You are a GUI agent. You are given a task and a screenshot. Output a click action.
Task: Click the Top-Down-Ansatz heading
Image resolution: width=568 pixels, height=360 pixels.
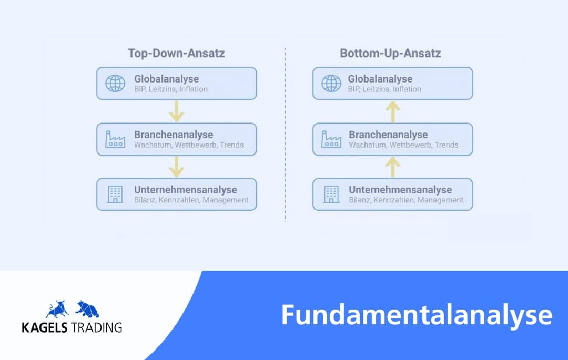pos(176,53)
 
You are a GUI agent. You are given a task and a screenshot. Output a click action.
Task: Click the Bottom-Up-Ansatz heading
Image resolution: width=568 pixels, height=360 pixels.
pos(390,53)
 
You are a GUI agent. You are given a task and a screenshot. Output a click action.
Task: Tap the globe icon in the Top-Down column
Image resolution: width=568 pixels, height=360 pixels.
pos(115,84)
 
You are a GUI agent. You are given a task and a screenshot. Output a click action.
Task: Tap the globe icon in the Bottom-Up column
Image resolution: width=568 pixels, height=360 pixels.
pos(331,84)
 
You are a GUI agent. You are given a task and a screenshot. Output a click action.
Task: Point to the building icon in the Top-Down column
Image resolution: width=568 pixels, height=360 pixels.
pos(115,194)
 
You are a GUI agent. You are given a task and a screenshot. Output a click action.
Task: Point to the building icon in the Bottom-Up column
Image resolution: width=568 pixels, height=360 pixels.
pos(331,194)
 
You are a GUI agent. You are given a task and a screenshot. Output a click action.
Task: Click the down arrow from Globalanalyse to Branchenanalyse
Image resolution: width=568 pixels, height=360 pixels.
pos(177,111)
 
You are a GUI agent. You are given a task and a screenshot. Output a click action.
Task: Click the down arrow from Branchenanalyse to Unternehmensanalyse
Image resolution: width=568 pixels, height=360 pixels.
pos(177,167)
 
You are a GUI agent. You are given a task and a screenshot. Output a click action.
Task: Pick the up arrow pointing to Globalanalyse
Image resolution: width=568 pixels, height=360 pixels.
pos(393,111)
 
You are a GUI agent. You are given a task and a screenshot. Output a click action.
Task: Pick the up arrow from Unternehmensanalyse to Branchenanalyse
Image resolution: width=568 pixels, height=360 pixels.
pos(393,167)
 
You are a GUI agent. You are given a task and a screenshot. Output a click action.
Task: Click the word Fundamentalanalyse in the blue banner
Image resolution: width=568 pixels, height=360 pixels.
pos(417,315)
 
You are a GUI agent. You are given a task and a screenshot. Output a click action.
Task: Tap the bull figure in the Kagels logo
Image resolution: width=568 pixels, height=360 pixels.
pos(58,309)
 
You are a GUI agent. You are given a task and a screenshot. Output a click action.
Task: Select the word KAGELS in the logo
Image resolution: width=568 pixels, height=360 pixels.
pos(45,327)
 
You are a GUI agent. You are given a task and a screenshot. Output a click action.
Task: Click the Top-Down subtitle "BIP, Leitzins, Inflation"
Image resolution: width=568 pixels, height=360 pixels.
pos(171,89)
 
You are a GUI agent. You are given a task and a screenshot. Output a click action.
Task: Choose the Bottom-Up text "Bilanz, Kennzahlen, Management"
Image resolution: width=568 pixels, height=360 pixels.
pos(406,200)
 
